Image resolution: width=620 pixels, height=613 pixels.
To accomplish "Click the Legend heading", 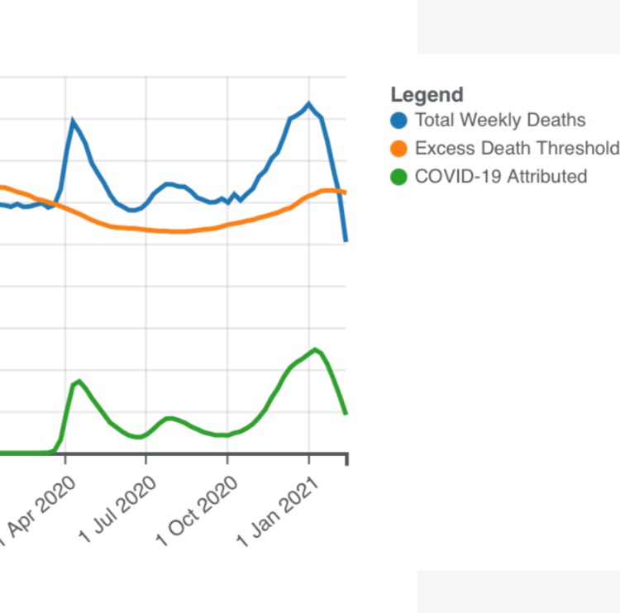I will [427, 94].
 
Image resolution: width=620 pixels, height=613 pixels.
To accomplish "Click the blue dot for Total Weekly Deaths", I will [399, 121].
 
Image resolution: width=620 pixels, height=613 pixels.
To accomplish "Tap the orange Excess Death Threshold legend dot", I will [399, 149].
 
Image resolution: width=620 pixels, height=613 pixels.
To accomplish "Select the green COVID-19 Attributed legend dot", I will [399, 177].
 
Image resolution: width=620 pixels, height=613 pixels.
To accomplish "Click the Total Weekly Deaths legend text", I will [499, 121].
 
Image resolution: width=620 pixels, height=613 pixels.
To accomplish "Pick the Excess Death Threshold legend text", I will [516, 149].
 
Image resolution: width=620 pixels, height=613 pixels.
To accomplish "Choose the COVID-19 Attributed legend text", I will [500, 177].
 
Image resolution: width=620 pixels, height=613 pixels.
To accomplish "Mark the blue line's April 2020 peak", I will [73, 121].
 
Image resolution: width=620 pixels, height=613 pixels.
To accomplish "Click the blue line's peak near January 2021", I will [308, 103].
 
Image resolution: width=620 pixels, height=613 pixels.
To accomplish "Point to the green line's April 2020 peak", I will [79, 381].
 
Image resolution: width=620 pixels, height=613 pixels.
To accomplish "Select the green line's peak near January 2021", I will [314, 349].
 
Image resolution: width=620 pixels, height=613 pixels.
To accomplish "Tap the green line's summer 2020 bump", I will [169, 418].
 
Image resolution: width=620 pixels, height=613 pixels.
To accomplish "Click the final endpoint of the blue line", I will [346, 240].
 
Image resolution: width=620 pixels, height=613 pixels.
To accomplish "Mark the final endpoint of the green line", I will [346, 413].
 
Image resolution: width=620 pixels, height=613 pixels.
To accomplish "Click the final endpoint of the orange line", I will [346, 192].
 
